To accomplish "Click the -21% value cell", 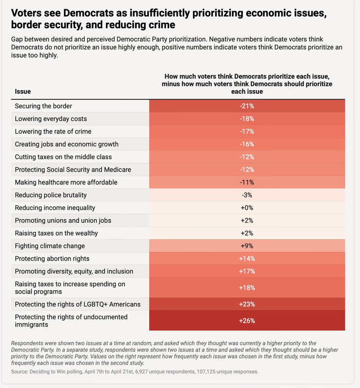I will point(247,106).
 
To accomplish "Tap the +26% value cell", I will point(247,321).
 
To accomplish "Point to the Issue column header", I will point(23,91).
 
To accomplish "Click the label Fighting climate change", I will point(50,246).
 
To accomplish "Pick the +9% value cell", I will point(247,246).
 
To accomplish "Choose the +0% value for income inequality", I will point(247,208).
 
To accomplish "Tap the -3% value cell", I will point(247,195).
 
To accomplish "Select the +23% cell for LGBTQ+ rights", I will point(247,304).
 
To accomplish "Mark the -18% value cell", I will point(247,118).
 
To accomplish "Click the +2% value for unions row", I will point(247,220).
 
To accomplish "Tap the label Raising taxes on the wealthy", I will point(56,233).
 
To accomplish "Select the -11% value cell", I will point(247,182).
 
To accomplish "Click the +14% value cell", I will point(247,259).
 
